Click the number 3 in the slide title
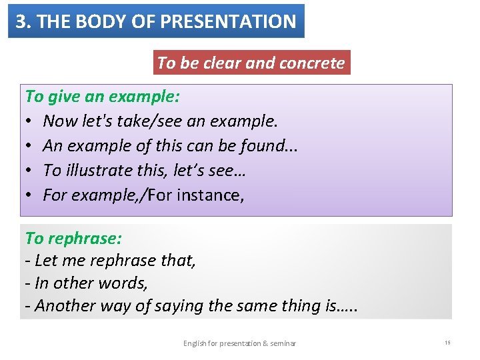coord(21,21)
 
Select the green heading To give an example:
coord(102,96)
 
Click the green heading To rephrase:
coord(73,238)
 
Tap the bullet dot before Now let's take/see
coord(30,121)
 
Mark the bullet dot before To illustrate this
coord(30,171)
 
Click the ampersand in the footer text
coord(265,343)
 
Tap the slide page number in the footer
coord(448,343)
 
